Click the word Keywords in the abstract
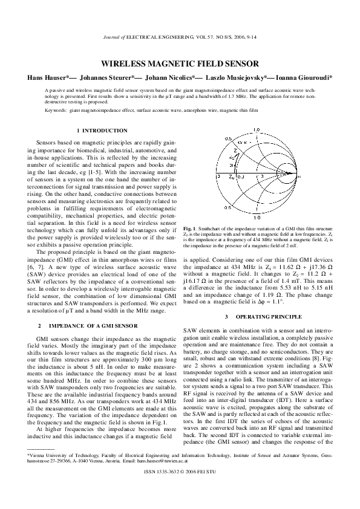[56, 111]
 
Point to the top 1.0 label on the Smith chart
[257, 129]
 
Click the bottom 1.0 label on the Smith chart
[257, 216]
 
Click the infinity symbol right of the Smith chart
[298, 177]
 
